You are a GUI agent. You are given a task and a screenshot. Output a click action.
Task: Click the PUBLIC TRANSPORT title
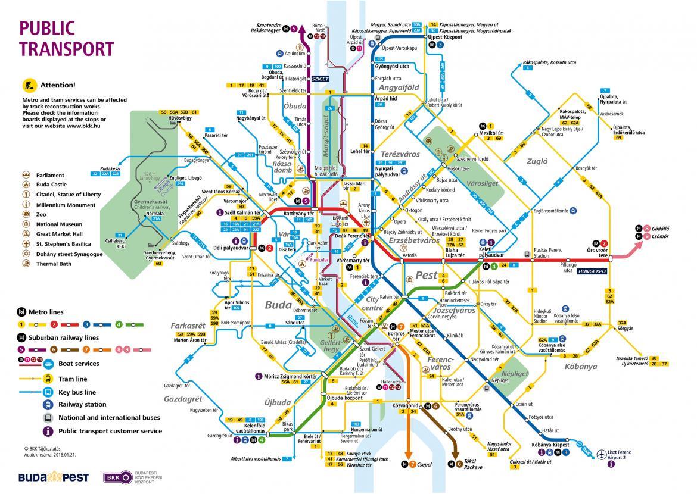pos(57,37)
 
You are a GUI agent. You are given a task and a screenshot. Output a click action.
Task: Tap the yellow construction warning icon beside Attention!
pos(27,85)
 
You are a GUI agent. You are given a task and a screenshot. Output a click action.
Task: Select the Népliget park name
pos(499,374)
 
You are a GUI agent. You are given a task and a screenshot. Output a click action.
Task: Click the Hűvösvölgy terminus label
pos(166,118)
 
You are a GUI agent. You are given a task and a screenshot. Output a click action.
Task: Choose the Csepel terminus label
pos(424,464)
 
